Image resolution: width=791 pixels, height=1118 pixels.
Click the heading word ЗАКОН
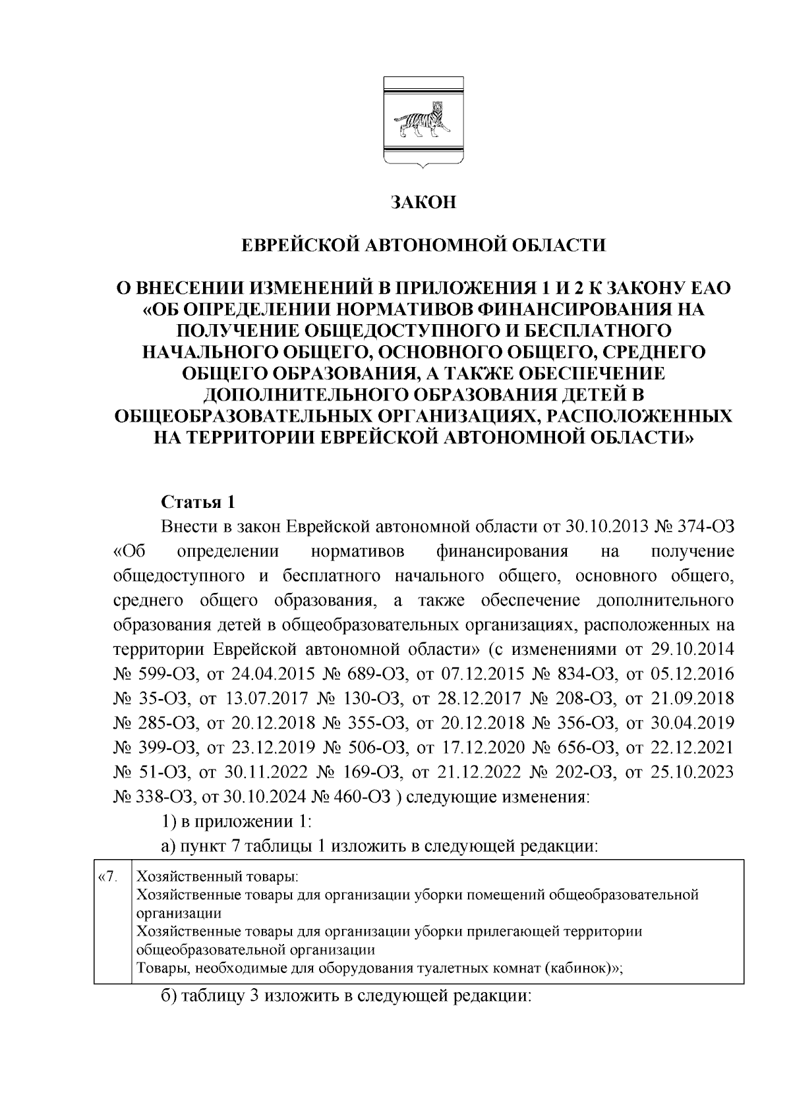(423, 202)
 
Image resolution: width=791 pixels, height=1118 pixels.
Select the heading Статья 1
(198, 503)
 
